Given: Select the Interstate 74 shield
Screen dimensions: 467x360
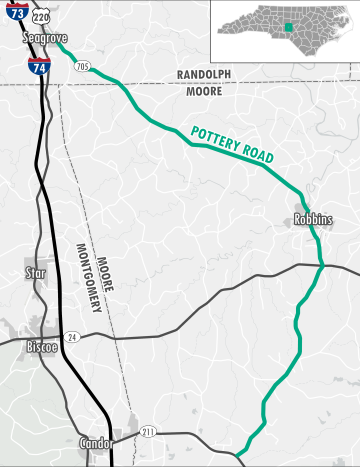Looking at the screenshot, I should (x=37, y=67).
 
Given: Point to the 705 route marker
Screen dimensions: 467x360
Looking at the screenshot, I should (x=82, y=67).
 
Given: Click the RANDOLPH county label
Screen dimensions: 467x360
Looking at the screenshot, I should (x=204, y=75).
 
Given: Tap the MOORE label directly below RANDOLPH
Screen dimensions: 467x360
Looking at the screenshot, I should (x=204, y=91).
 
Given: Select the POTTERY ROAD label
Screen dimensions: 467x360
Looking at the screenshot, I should (x=232, y=145).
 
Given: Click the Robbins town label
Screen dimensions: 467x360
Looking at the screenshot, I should (x=313, y=219).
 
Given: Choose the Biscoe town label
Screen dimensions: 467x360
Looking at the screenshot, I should (x=41, y=347).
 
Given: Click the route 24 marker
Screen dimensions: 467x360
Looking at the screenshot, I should (x=71, y=337).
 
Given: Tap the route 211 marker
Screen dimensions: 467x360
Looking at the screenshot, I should (x=148, y=431).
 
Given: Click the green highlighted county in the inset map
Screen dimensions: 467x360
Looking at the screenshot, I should (x=286, y=27).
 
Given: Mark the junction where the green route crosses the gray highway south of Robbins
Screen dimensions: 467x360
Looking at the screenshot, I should (x=321, y=265).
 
